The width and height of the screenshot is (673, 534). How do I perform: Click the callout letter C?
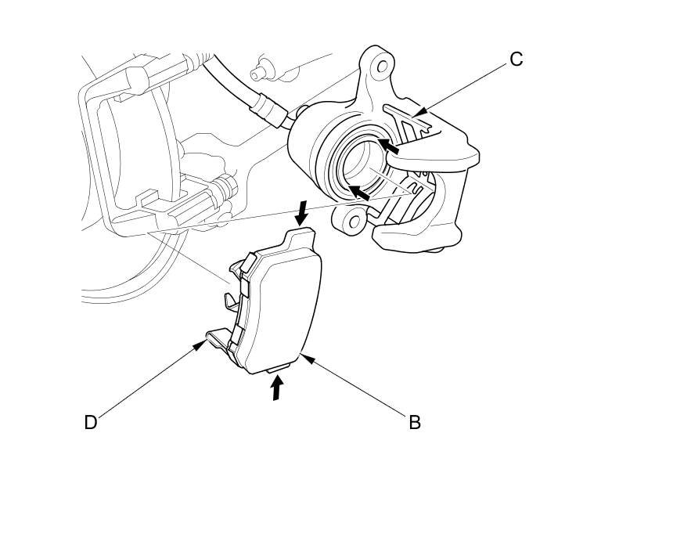pos(516,60)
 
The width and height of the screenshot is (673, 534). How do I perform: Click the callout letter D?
pos(91,422)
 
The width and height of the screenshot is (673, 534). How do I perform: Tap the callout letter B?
pos(415,422)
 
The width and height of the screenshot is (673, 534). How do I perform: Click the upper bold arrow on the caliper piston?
pos(390,145)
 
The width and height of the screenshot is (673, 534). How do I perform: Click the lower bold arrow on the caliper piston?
pos(359,192)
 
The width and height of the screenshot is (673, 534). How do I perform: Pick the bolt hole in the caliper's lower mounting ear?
pos(354,222)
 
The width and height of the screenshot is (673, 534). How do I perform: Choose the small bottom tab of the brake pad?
pos(279,366)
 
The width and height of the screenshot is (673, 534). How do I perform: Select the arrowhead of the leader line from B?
pos(301,355)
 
